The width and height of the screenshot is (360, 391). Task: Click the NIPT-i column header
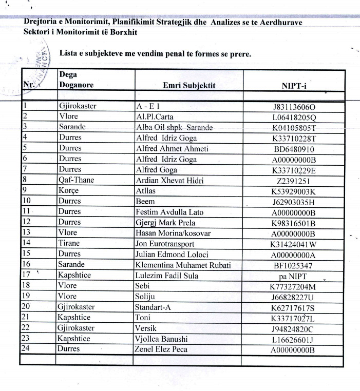tap(294, 86)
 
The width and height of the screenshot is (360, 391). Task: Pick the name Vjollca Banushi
tap(163, 339)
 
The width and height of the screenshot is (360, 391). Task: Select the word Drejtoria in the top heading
tap(41, 23)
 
